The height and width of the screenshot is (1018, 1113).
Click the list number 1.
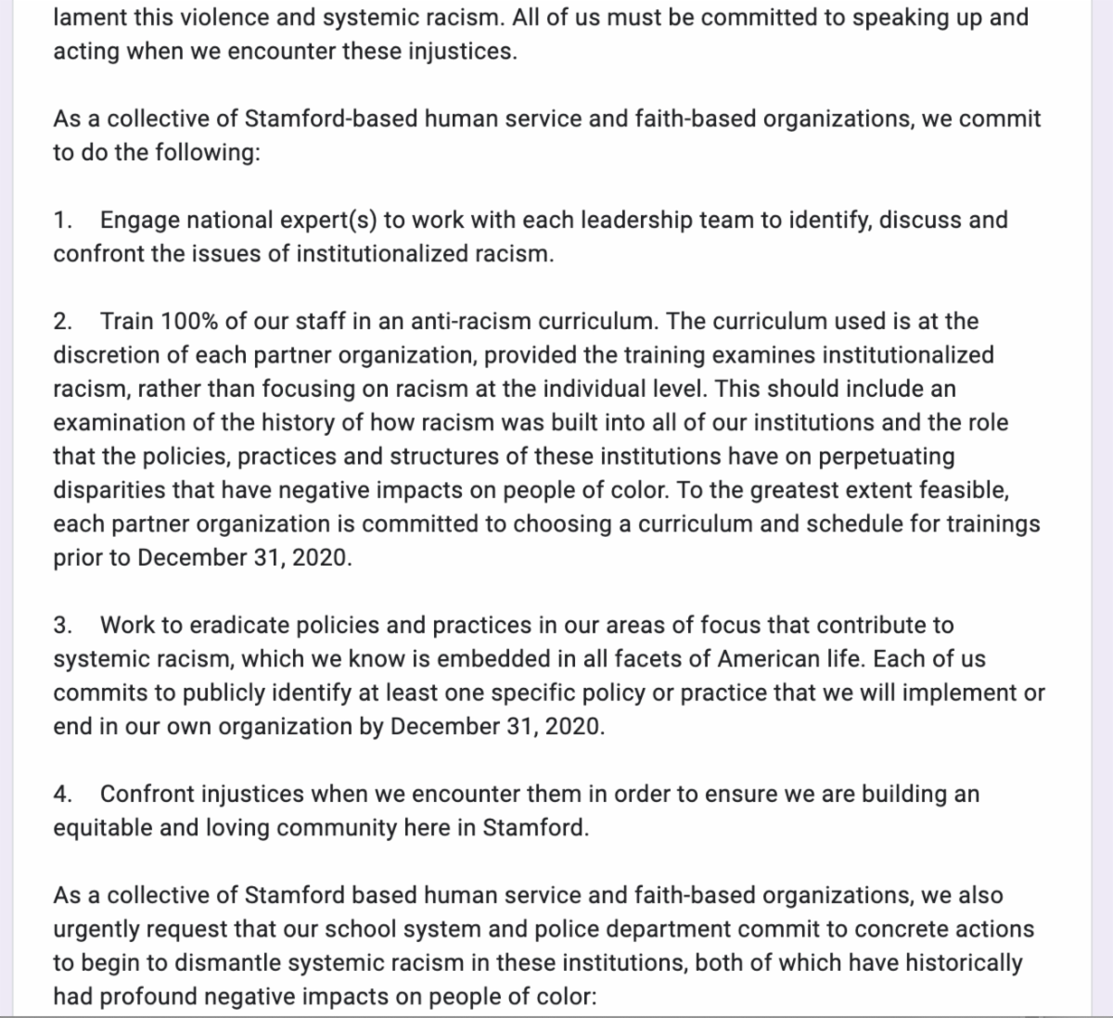point(62,221)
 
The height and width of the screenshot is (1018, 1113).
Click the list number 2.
point(62,322)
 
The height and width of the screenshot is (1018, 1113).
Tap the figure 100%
point(190,322)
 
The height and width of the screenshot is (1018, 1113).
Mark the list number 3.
point(62,626)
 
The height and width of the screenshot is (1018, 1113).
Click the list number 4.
point(62,795)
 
